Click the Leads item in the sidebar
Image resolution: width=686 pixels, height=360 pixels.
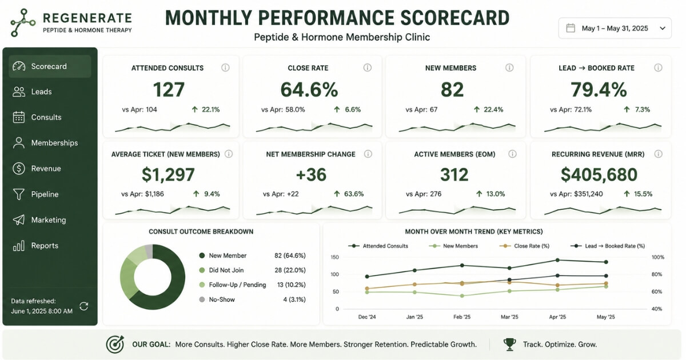coord(32,91)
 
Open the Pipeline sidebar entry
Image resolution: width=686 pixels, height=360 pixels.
coord(35,194)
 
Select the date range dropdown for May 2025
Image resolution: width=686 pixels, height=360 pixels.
coord(615,28)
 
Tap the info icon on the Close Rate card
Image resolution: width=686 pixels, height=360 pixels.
coord(367,67)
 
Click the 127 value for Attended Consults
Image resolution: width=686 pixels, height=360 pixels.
coord(169,89)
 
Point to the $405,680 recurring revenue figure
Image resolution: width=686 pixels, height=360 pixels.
coord(599,174)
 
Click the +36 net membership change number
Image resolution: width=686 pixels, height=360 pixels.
coord(311,174)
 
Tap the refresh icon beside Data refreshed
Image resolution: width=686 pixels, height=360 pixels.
coord(84,306)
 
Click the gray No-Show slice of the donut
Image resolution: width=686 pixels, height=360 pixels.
coord(149,251)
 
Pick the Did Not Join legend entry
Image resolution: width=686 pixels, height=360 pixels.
coord(221,270)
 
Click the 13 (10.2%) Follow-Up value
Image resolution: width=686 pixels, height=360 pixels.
coord(291,285)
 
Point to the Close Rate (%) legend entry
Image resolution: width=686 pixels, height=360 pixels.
coord(524,246)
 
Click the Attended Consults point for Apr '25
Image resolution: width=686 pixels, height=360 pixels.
coord(557,260)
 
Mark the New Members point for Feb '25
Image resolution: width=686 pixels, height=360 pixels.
coord(462,296)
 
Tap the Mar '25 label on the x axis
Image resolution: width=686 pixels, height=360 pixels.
coord(509,317)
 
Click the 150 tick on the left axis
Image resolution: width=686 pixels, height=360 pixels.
coord(335,257)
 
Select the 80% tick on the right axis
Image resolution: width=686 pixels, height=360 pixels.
coord(657,274)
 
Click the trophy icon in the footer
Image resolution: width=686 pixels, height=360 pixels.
coord(509,344)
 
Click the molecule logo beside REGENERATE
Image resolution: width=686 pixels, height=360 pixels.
coord(23,22)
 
